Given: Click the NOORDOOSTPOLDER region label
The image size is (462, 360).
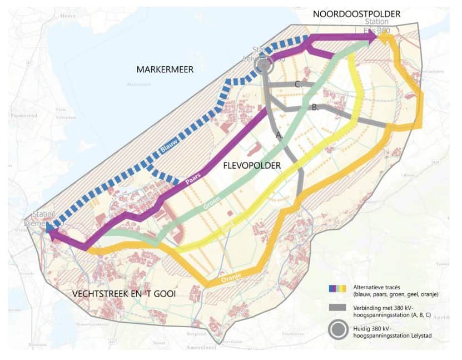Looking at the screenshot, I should point(356,13).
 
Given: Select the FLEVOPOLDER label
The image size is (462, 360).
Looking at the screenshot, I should point(252,166).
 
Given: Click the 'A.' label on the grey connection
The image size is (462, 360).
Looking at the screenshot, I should point(280,135).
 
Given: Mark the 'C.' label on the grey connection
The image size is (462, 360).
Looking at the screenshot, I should point(299,85).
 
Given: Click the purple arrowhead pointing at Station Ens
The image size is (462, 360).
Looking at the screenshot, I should point(372,37).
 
